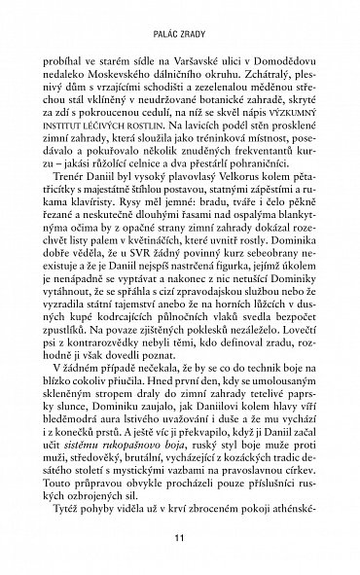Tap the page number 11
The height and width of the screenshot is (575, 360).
179,552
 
